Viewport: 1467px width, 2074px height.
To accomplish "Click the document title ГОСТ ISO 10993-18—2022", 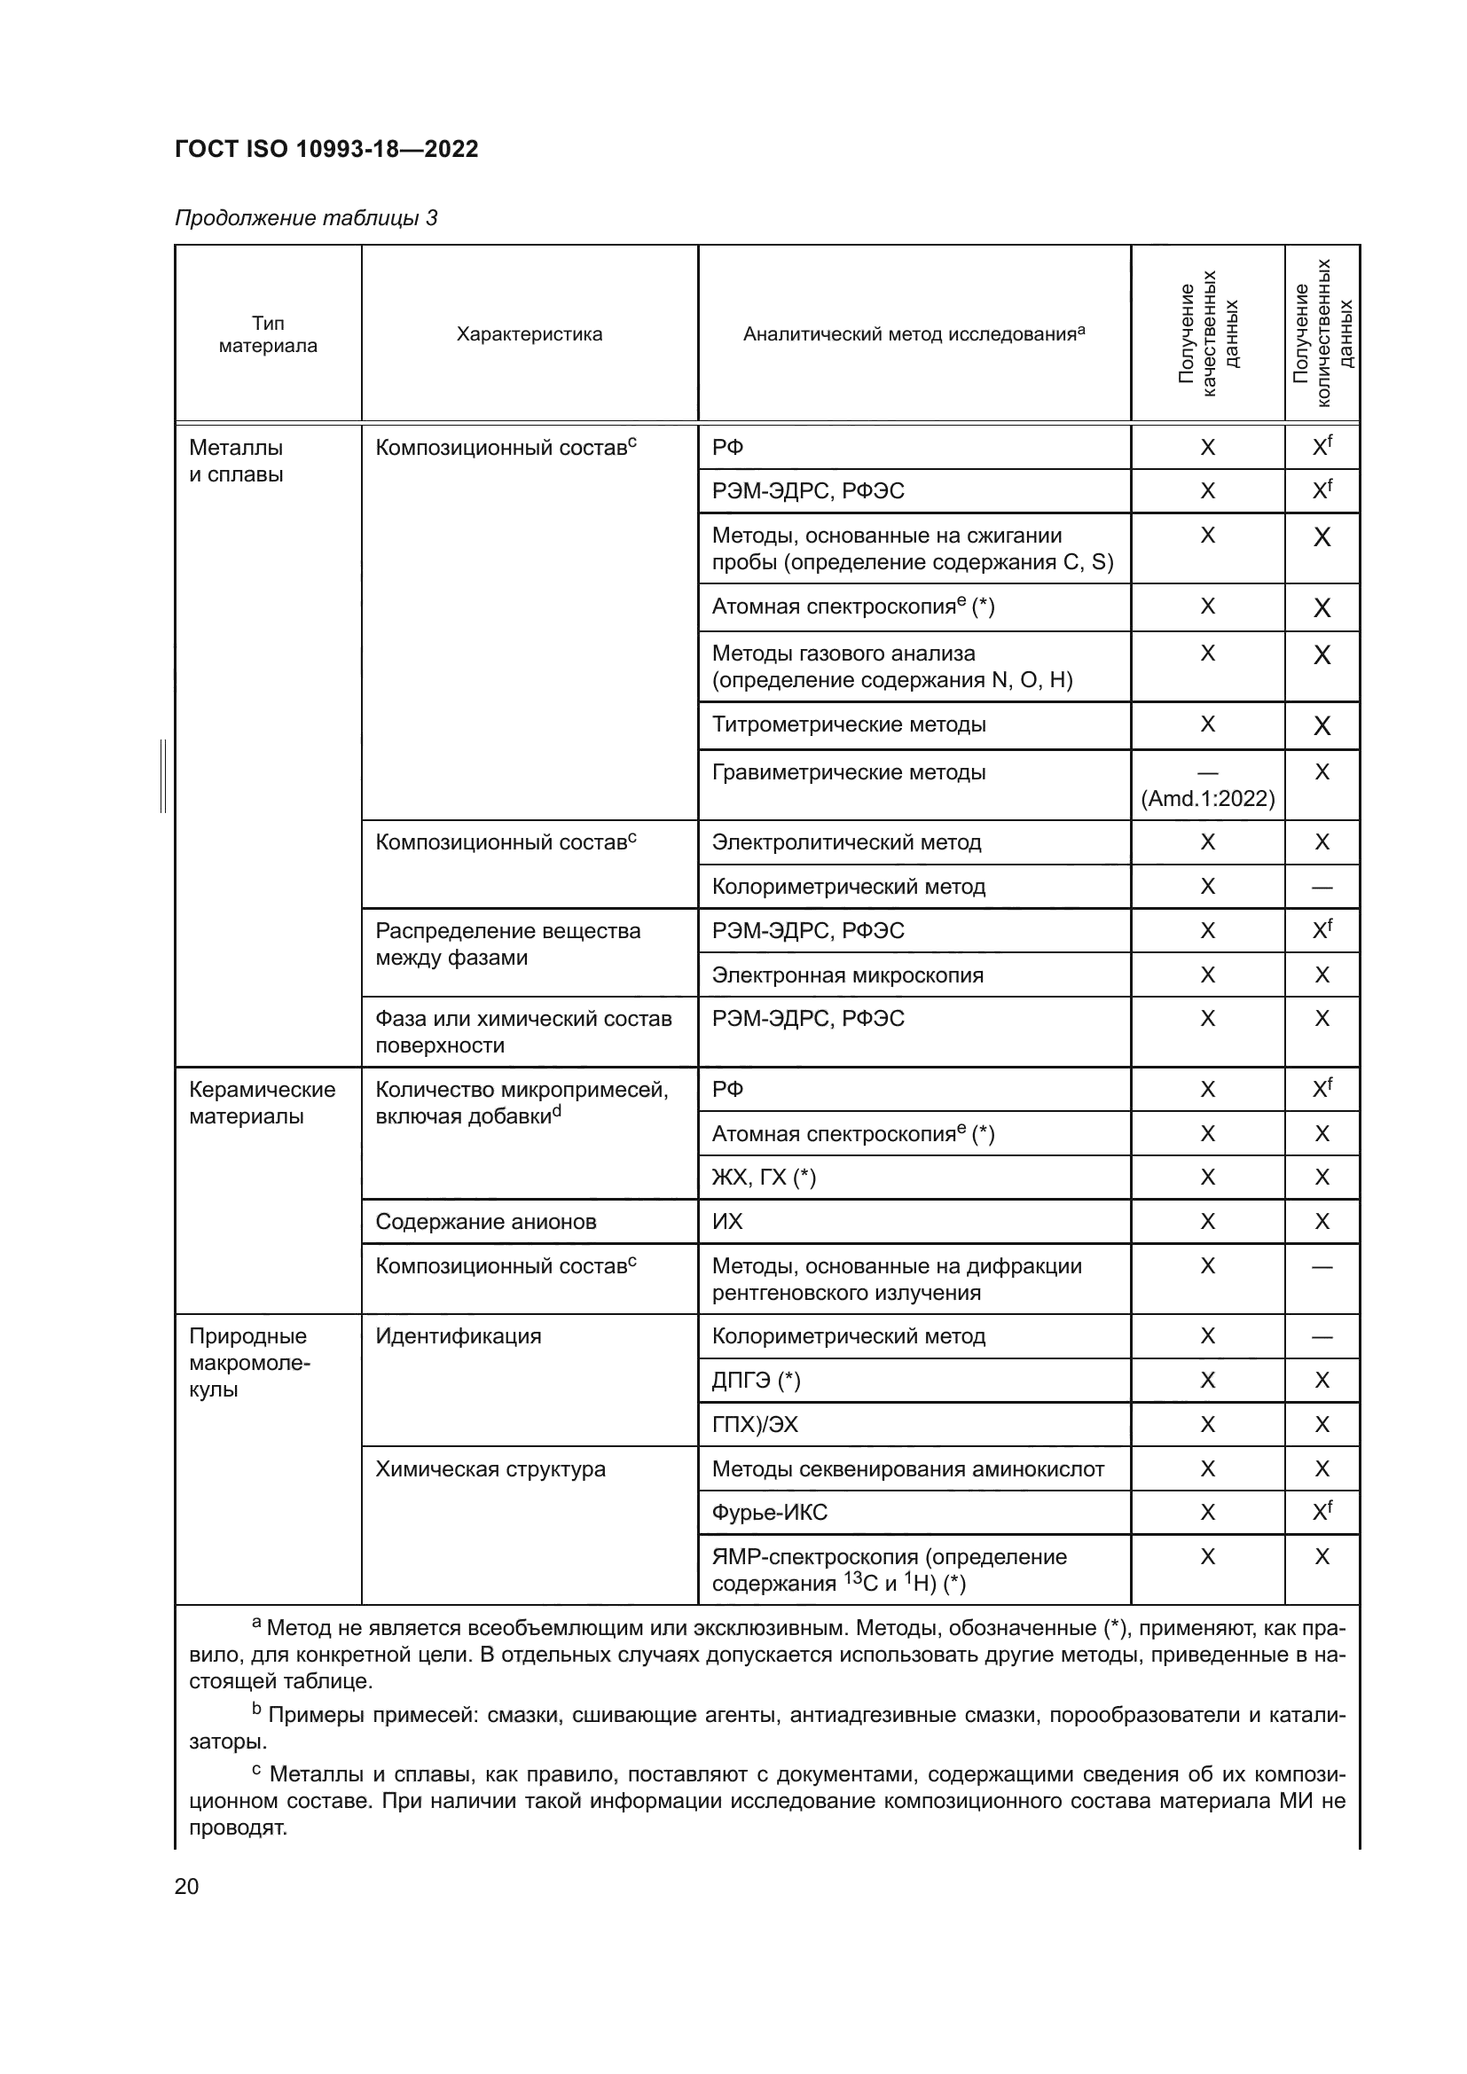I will [x=326, y=149].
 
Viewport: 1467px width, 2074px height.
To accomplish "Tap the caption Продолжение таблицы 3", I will [x=305, y=218].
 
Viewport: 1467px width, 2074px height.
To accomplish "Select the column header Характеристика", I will [x=529, y=334].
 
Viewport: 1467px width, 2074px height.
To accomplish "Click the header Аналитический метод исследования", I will [x=914, y=334].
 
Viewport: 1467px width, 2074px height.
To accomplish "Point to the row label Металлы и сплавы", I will [x=236, y=461].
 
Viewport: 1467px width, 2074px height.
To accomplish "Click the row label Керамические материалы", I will [x=261, y=1102].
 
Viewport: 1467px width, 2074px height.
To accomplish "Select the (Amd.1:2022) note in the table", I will [x=1208, y=799].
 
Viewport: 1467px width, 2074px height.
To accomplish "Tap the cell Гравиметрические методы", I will [x=848, y=772].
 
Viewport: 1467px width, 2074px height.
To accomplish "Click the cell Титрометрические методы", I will [x=848, y=724].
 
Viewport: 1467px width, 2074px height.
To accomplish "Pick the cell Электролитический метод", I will [x=845, y=841].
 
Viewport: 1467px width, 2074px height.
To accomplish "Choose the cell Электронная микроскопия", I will [x=847, y=974].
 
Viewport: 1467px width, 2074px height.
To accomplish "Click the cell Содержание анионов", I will [x=485, y=1221].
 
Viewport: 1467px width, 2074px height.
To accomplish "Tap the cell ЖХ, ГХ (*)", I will [x=764, y=1177].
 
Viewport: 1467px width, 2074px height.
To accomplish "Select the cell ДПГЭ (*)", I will [x=755, y=1381].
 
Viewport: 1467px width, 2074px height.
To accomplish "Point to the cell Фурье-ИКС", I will [x=769, y=1512].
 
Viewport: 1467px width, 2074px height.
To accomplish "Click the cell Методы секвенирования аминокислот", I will [x=907, y=1468].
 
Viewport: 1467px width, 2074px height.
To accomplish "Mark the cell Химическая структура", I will [x=490, y=1468].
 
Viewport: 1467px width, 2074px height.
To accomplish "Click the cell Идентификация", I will [x=458, y=1336].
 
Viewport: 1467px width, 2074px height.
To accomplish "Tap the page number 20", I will [x=186, y=1886].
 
